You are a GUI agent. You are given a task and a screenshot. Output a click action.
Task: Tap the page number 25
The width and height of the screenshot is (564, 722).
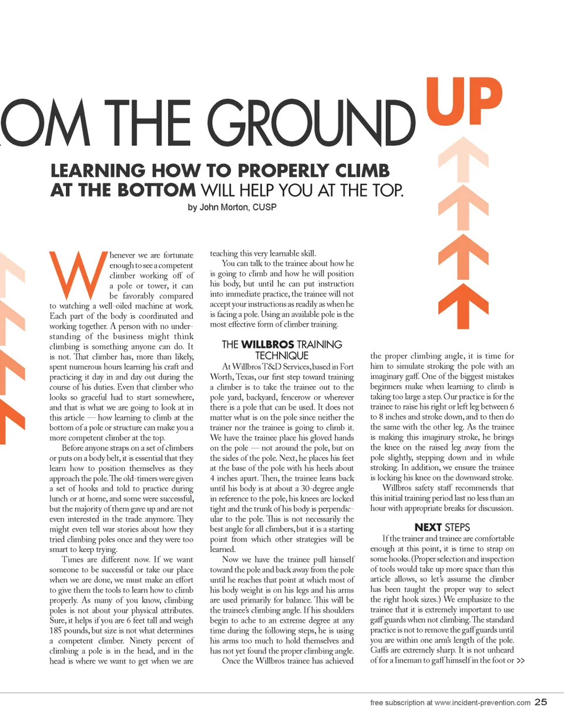click(541, 702)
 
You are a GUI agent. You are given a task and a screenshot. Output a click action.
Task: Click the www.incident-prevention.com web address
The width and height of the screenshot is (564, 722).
click(482, 703)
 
